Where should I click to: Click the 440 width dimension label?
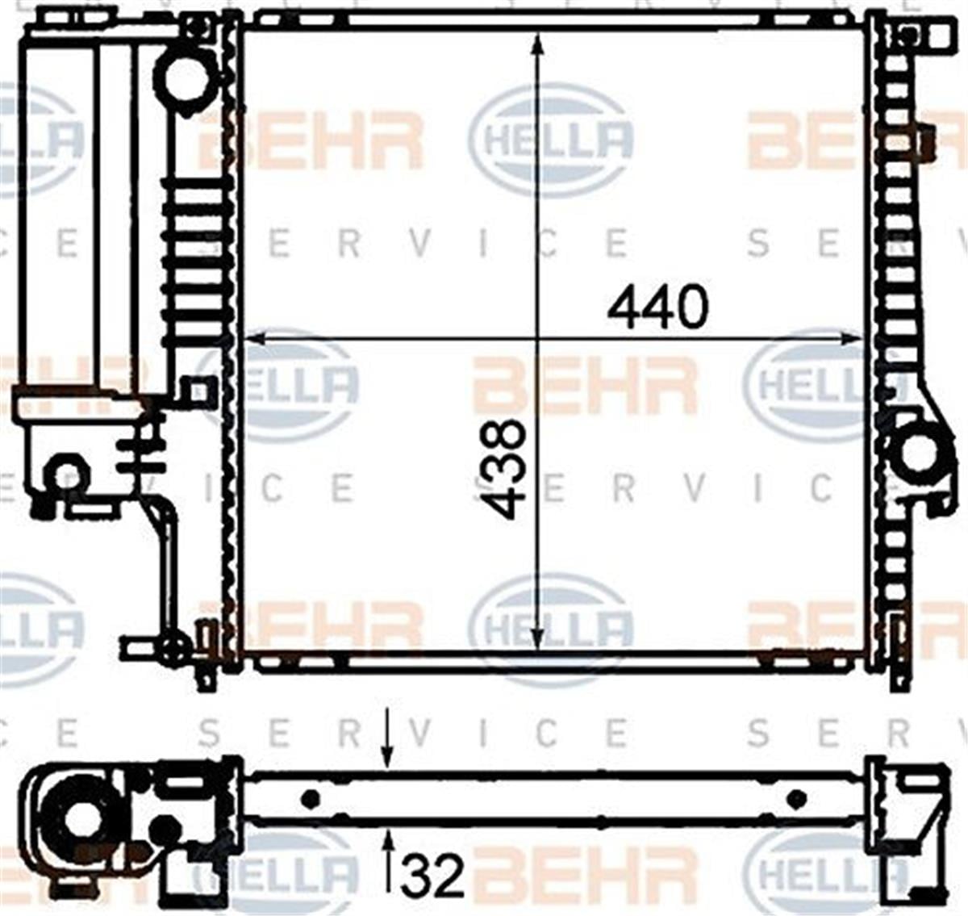[x=657, y=307]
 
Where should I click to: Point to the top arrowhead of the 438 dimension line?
[x=538, y=42]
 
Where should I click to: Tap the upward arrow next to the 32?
[x=388, y=847]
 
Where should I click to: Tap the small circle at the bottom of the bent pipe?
[x=171, y=647]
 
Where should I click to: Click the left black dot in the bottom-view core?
[x=311, y=799]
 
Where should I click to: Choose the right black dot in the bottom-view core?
[x=795, y=799]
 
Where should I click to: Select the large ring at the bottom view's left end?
[x=77, y=819]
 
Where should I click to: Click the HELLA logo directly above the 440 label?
[x=552, y=139]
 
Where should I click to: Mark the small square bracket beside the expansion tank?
[x=194, y=393]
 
